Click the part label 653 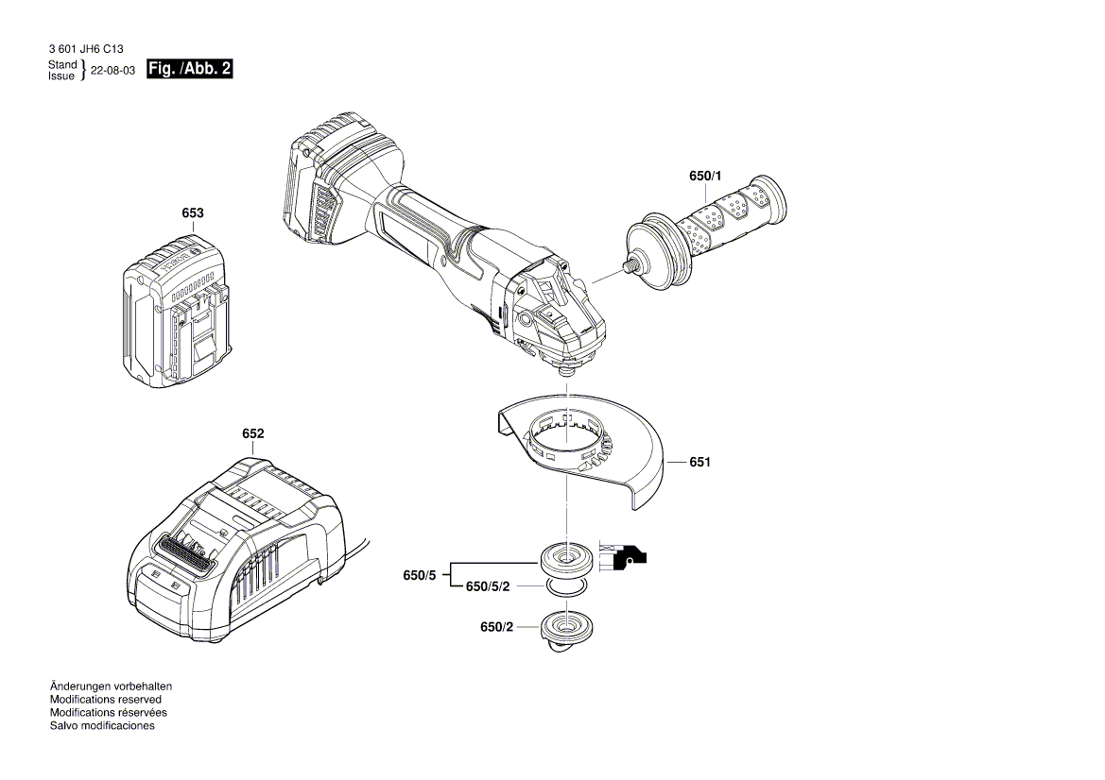coord(192,213)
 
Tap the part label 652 coord(252,433)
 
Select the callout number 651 coord(699,462)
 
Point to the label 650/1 coord(704,177)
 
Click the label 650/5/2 coord(488,586)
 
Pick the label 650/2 coord(496,627)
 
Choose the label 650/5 coord(420,575)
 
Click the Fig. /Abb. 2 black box coord(190,70)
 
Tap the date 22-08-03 coord(112,71)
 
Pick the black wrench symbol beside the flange coord(630,559)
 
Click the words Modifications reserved coord(105,700)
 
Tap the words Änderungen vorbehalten coord(111,687)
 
